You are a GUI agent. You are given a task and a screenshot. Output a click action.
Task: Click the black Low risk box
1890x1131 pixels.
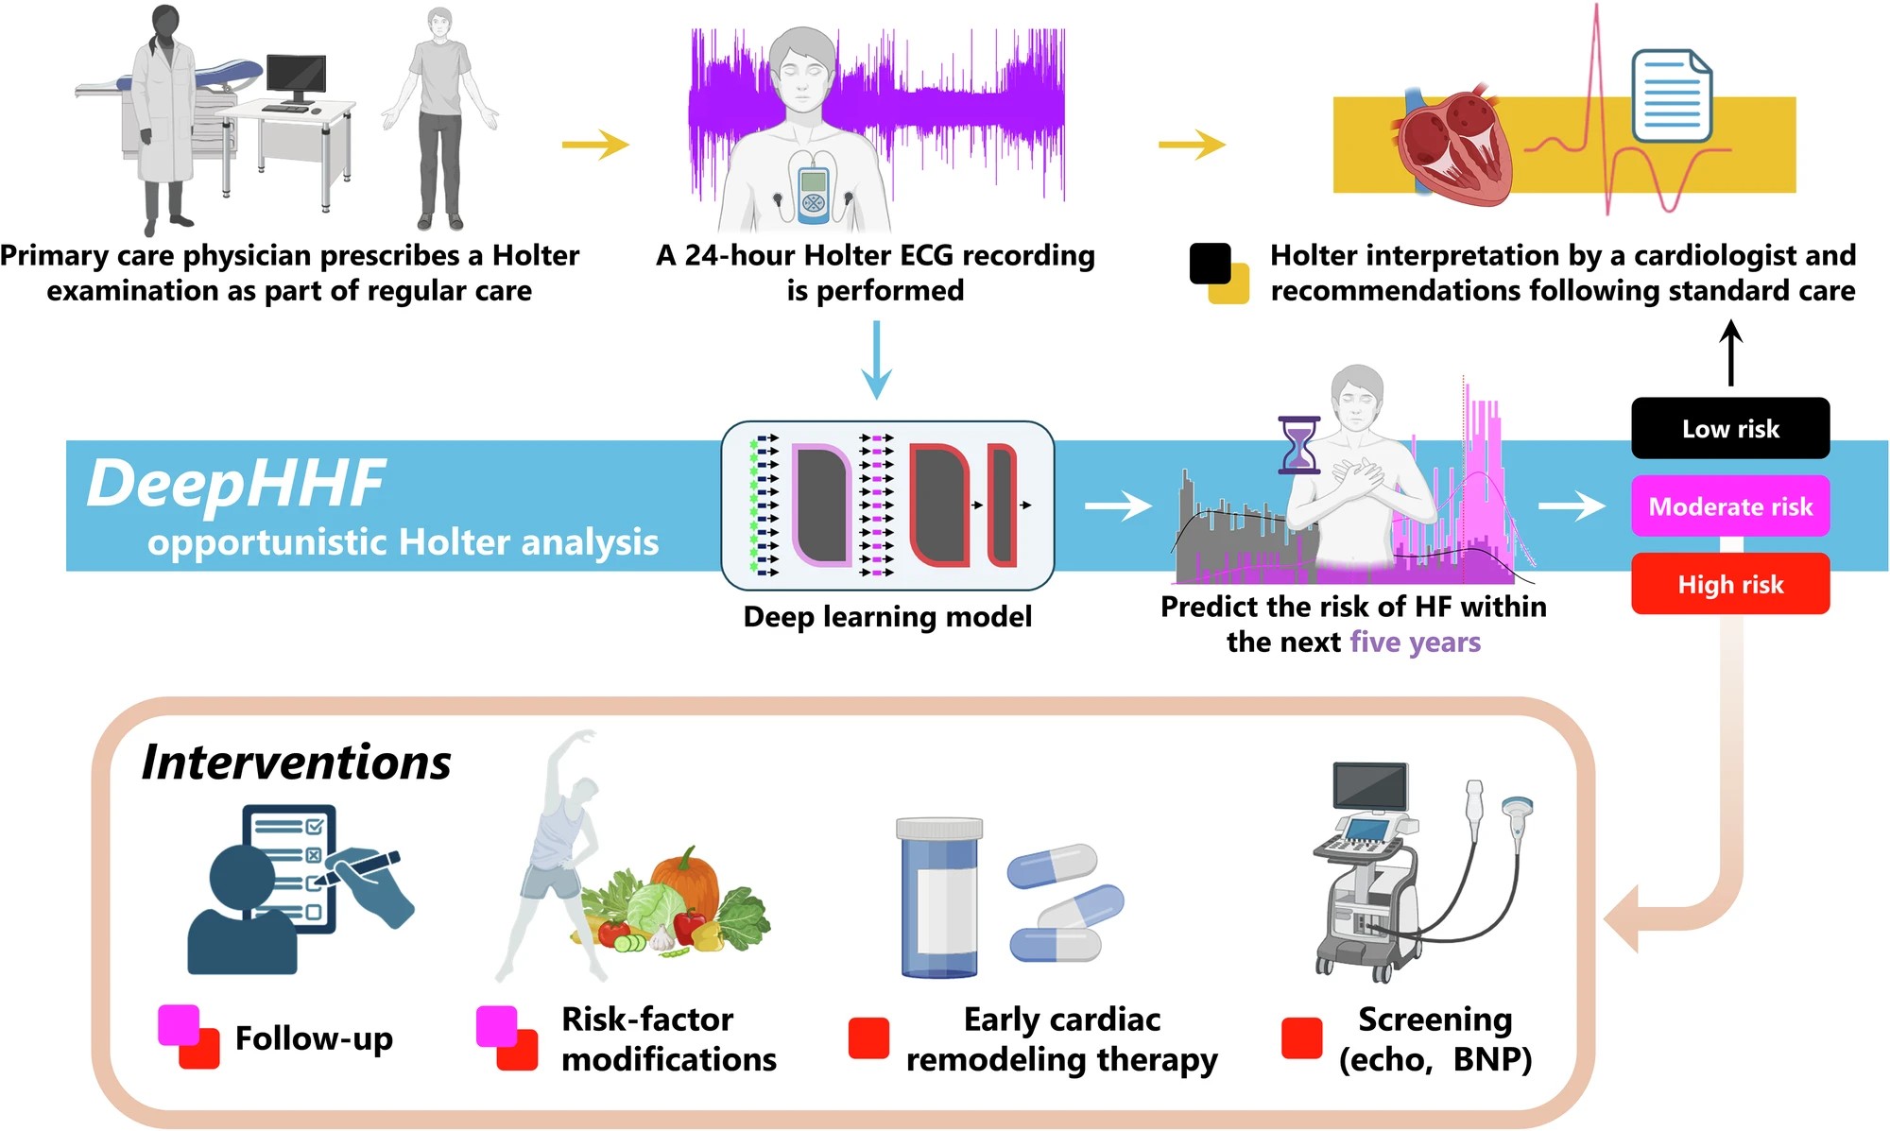tap(1730, 428)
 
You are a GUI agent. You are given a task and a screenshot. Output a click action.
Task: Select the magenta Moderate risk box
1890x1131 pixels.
tap(1730, 506)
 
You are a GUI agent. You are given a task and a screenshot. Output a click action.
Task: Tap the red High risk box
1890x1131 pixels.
tap(1730, 584)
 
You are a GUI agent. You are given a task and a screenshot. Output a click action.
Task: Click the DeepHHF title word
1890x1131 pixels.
tap(236, 483)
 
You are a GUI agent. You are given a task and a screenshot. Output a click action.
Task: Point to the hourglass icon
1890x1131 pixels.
tap(1298, 444)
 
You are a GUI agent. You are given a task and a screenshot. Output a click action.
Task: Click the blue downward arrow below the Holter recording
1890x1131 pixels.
tap(876, 360)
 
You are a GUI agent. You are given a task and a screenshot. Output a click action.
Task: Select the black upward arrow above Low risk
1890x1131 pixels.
tap(1730, 352)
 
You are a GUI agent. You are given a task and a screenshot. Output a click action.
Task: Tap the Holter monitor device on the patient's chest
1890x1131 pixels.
tap(813, 196)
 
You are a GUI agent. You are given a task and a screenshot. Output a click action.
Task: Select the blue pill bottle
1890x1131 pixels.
tap(939, 897)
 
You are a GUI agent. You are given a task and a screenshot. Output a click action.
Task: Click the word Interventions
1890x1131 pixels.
tap(296, 762)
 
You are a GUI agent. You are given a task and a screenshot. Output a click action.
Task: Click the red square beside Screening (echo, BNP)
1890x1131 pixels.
tap(1301, 1037)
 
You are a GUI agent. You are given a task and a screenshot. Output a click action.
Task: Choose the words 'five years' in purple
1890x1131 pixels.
tap(1415, 643)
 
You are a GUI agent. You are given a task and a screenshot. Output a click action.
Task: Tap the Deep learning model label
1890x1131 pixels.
tap(887, 617)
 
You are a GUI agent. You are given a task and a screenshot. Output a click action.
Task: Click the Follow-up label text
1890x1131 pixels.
tap(314, 1038)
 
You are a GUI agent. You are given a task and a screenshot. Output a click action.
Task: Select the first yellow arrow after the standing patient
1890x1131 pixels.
tap(595, 145)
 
